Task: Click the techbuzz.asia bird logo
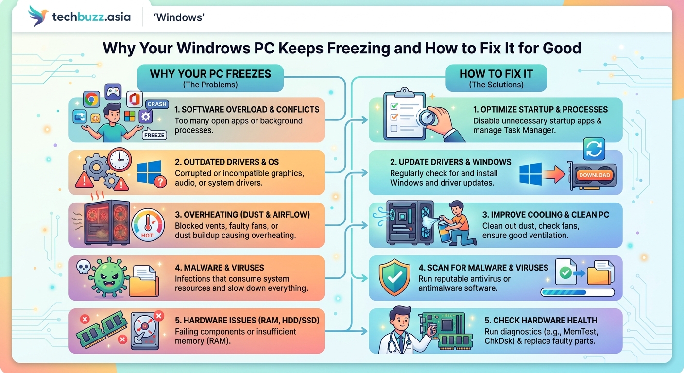tap(38, 17)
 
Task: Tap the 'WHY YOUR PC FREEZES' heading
tap(210, 74)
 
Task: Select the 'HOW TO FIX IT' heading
tap(496, 74)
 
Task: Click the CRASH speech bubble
tap(157, 104)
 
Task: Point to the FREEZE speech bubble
tap(154, 135)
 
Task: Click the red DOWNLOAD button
tap(594, 175)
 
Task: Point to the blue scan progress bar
tap(577, 292)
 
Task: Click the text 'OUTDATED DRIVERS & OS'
tap(227, 162)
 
